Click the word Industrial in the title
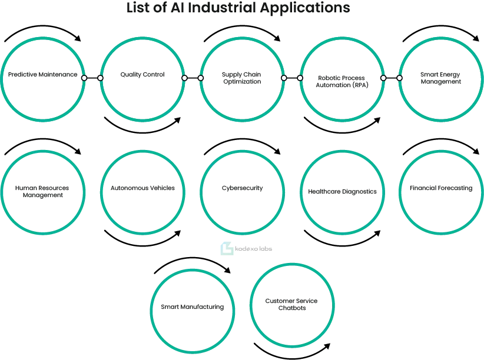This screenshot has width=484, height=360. pos(222,8)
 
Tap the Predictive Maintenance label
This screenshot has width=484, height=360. pos(42,74)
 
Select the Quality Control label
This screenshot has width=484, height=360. pos(142,75)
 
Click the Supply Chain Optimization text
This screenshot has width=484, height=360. pos(241,78)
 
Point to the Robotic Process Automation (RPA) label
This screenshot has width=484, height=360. pos(342,82)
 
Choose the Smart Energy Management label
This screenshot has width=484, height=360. pos(440,78)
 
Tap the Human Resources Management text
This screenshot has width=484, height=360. pos(42,192)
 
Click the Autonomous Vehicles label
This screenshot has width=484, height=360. pos(142,188)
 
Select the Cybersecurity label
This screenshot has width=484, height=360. pos(243,188)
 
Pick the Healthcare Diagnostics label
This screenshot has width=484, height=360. pos(342,192)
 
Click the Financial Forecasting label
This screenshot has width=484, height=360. pos(441,188)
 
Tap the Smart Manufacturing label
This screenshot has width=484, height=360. pos(193,307)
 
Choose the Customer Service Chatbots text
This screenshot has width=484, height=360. pos(291,304)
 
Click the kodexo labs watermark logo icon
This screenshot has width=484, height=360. pos(227,248)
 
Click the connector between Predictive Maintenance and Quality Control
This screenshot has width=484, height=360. pos(92,78)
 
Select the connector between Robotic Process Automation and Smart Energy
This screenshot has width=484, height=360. pos(392,78)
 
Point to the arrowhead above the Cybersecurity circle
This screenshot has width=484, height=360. pos(277,151)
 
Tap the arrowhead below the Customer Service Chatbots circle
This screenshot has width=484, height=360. pos(327,346)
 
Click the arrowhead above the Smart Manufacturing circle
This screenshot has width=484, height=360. pos(227,270)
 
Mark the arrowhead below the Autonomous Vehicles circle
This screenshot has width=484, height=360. pos(177,234)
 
